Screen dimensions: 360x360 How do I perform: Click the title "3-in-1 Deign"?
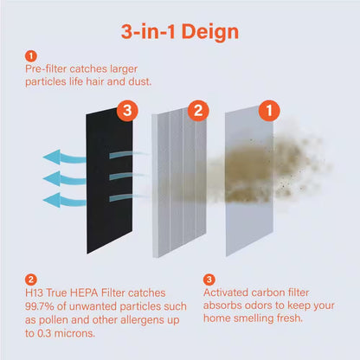tap(179, 31)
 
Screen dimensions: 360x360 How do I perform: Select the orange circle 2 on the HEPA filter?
tap(197, 110)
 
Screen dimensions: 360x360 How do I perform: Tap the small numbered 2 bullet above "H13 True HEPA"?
tap(32, 280)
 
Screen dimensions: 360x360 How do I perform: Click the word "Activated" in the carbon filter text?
tap(227, 294)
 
